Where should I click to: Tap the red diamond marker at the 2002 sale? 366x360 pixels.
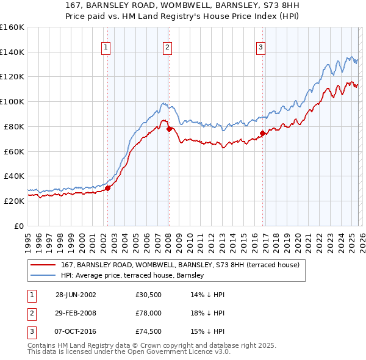[x=108, y=188]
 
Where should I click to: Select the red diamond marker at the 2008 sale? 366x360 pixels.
[x=169, y=129]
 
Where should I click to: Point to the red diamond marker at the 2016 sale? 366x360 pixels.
[x=262, y=133]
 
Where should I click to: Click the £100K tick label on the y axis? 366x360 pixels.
[x=12, y=101]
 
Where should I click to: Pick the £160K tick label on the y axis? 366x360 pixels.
[x=12, y=27]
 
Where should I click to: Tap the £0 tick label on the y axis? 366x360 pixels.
[x=18, y=226]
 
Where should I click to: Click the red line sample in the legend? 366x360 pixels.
[x=43, y=265]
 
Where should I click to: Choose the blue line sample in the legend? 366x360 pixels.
[x=43, y=276]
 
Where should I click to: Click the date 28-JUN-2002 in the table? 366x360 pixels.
[x=76, y=294]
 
